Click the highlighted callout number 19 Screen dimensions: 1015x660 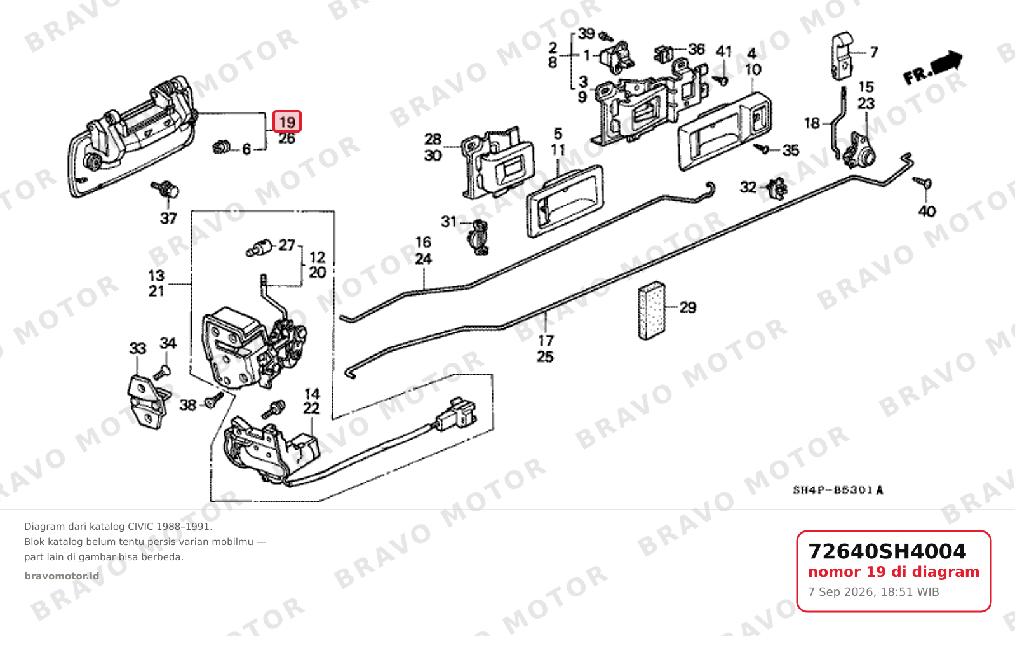pyautogui.click(x=287, y=121)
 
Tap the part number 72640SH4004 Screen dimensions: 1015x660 pyautogui.click(x=887, y=551)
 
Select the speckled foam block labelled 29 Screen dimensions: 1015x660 pyautogui.click(x=652, y=311)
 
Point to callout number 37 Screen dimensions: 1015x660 pyautogui.click(x=168, y=219)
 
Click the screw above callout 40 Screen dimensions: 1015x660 pyautogui.click(x=923, y=183)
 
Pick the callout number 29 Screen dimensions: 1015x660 pyautogui.click(x=688, y=308)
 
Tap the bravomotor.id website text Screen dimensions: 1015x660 pyautogui.click(x=62, y=576)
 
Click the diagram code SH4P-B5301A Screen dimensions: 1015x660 pyautogui.click(x=838, y=490)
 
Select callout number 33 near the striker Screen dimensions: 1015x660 pyautogui.click(x=138, y=348)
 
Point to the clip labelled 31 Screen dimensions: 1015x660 pyautogui.click(x=479, y=237)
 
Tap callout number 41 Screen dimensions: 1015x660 pyautogui.click(x=723, y=51)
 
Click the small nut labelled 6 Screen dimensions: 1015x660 pyautogui.click(x=222, y=147)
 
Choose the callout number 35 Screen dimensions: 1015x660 pyautogui.click(x=791, y=150)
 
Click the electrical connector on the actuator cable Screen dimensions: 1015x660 pyautogui.click(x=455, y=414)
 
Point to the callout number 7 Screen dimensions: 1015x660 pyautogui.click(x=874, y=52)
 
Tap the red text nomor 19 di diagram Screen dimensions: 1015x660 pyautogui.click(x=894, y=572)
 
